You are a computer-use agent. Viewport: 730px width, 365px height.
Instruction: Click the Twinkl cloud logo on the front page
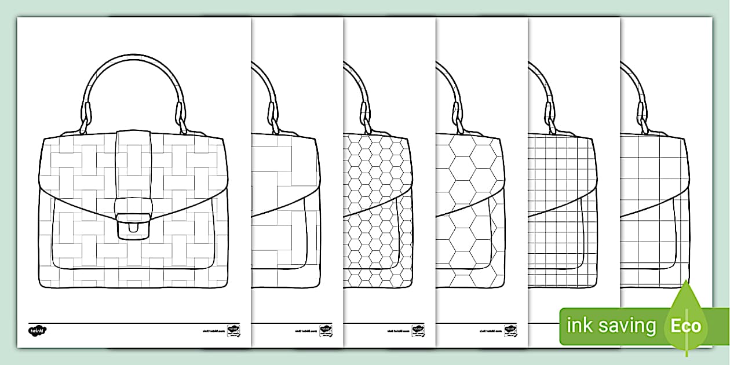pos(38,330)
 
